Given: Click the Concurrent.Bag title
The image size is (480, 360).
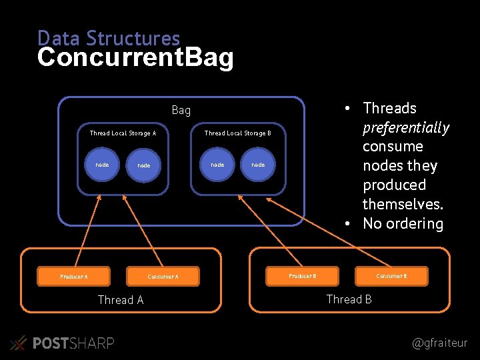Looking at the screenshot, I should tap(135, 58).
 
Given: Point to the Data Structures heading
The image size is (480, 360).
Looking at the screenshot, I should tap(109, 37).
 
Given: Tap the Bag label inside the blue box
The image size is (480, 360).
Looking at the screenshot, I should tap(181, 110).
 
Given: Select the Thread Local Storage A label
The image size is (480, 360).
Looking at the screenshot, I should tap(123, 133).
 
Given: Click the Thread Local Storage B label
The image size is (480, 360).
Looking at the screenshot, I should tap(237, 133).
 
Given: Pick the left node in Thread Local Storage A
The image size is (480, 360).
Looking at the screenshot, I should tap(102, 165).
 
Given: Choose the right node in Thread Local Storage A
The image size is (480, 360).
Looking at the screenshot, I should tap(143, 165).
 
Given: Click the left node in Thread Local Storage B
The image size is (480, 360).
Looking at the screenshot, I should tap(217, 165).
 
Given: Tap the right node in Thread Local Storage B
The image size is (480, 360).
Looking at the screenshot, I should tap(258, 165).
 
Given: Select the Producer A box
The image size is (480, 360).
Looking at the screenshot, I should tap(74, 276).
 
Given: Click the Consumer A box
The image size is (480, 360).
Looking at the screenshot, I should tap(163, 276).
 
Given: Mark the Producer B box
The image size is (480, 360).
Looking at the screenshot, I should tap(302, 275).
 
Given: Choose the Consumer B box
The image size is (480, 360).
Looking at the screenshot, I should tap(391, 275).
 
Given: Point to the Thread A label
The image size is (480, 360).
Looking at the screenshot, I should tap(121, 300).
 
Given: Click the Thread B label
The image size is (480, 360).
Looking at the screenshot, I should tap(349, 299).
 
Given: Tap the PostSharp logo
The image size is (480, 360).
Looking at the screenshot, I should tap(63, 343).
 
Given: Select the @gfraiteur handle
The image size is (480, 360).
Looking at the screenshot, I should tap(440, 343).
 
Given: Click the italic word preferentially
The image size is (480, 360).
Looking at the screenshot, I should tap(405, 127).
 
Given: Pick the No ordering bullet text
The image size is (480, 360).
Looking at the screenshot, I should tap(403, 223).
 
